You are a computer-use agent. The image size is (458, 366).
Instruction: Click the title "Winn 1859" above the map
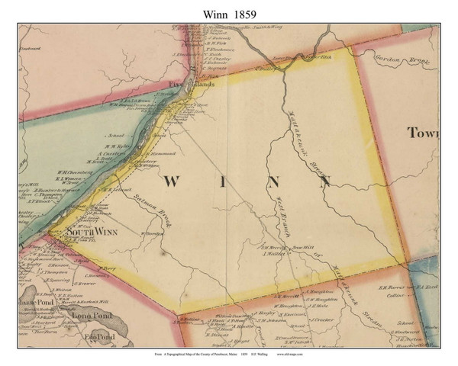[229, 11]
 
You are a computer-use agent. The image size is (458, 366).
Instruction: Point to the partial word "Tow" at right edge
[424, 133]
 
